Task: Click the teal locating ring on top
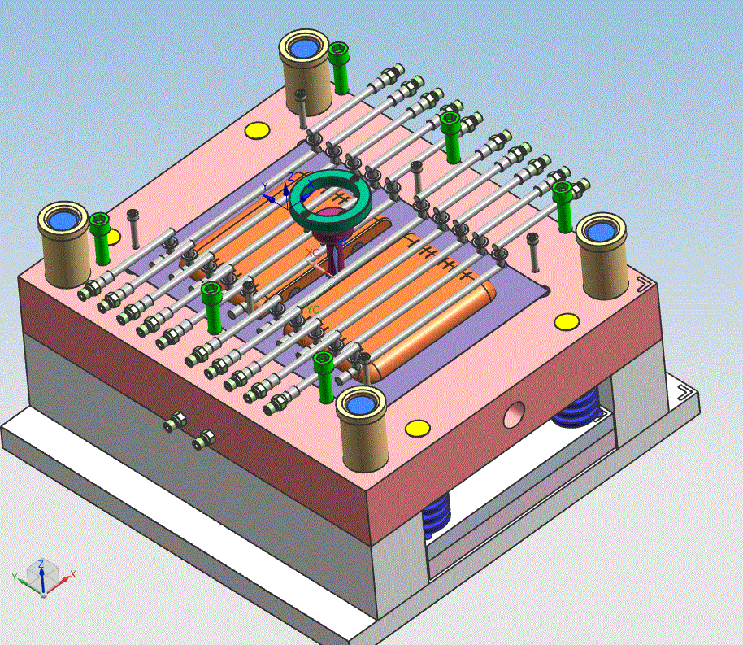(302, 203)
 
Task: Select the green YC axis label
(313, 310)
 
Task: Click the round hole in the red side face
(515, 414)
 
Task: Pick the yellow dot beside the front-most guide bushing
(416, 428)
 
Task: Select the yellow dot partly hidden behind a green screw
(113, 237)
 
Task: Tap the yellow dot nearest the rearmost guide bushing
(257, 130)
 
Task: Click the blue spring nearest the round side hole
(577, 407)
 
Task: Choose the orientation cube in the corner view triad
(41, 574)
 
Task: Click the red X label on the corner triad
(73, 574)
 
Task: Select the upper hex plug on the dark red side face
(174, 422)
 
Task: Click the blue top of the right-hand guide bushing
(600, 231)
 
